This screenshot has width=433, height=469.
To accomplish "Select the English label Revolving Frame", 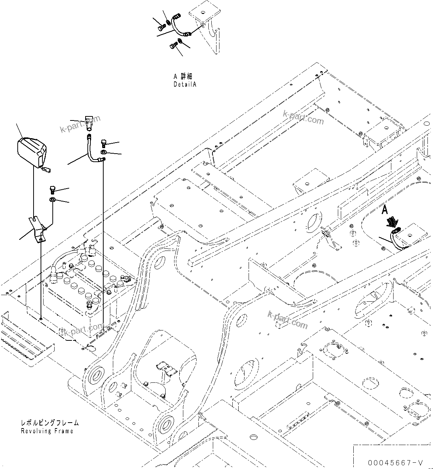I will (47, 431).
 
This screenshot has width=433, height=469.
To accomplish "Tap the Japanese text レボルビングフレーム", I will (49, 423).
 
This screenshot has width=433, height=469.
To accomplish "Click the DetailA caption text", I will (185, 84).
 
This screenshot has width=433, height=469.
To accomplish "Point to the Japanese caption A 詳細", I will (183, 76).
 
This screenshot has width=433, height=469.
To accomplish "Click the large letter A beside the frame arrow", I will (385, 210).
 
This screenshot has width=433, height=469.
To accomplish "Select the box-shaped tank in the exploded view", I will (32, 152).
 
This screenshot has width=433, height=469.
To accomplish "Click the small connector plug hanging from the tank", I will (46, 169).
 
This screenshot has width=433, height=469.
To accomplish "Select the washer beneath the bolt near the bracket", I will (52, 200).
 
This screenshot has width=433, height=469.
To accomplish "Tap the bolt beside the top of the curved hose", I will (104, 143).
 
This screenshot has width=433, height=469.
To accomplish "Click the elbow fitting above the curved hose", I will (89, 122).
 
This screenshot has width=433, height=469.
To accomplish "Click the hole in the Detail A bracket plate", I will (202, 25).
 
